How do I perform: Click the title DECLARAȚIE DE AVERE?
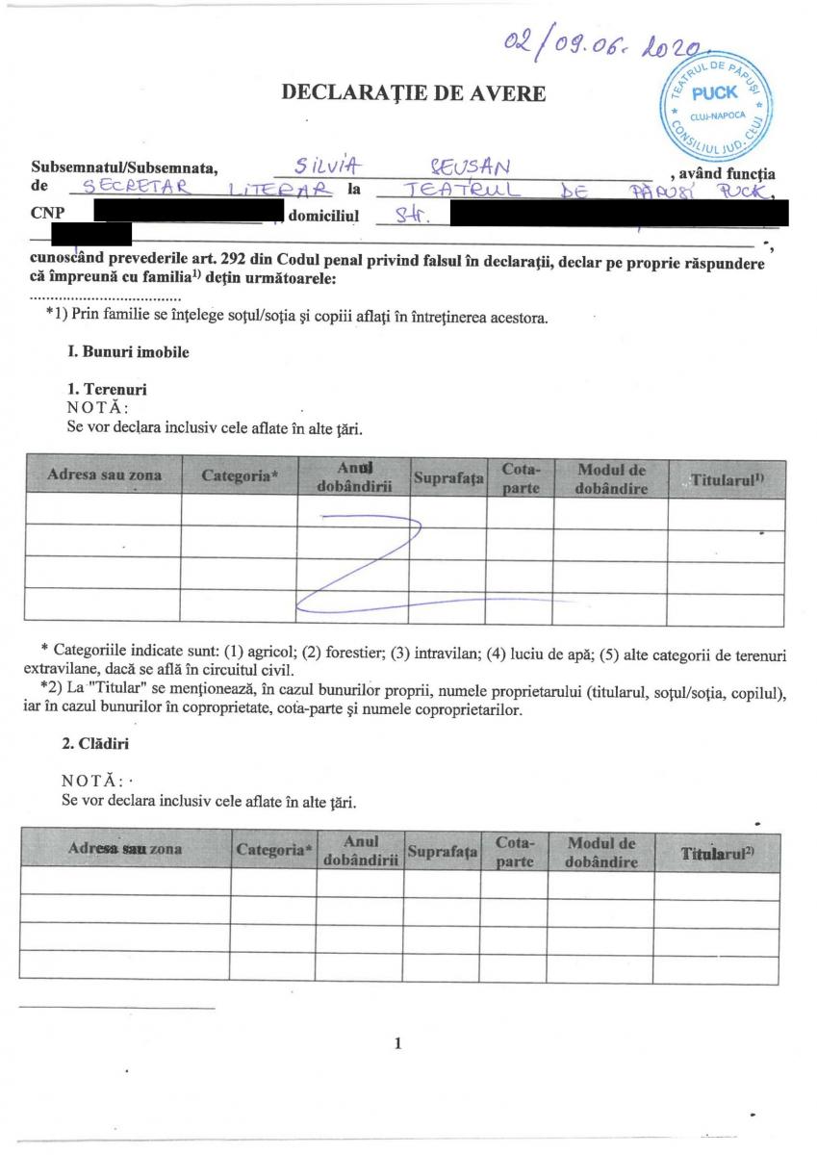click(x=413, y=93)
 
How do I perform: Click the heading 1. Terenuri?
click(x=107, y=391)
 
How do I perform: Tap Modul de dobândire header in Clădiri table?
click(x=600, y=852)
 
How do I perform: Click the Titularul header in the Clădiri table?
click(x=716, y=853)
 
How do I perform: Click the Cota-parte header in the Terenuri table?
click(x=520, y=478)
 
